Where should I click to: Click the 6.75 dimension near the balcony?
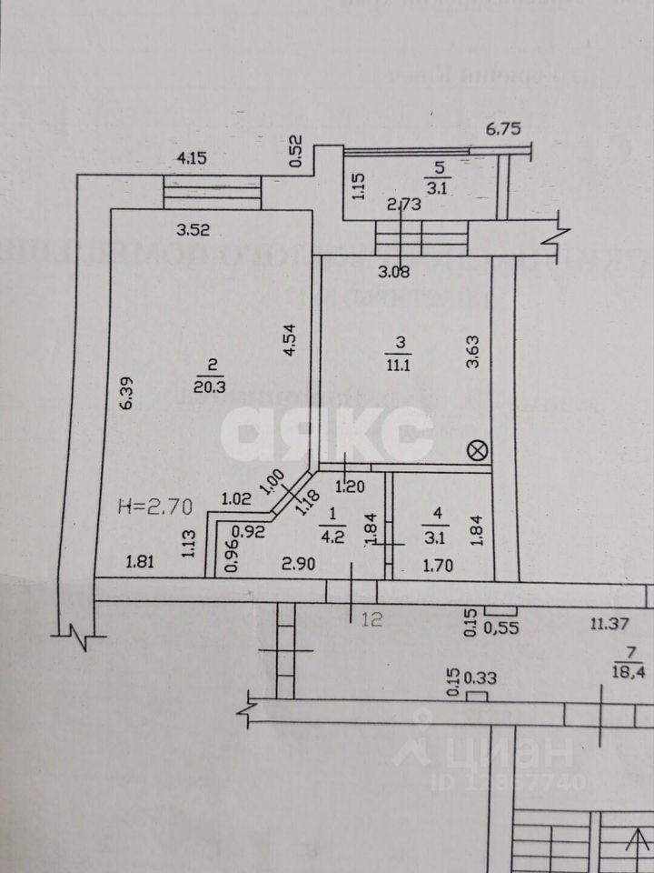click(503, 129)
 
